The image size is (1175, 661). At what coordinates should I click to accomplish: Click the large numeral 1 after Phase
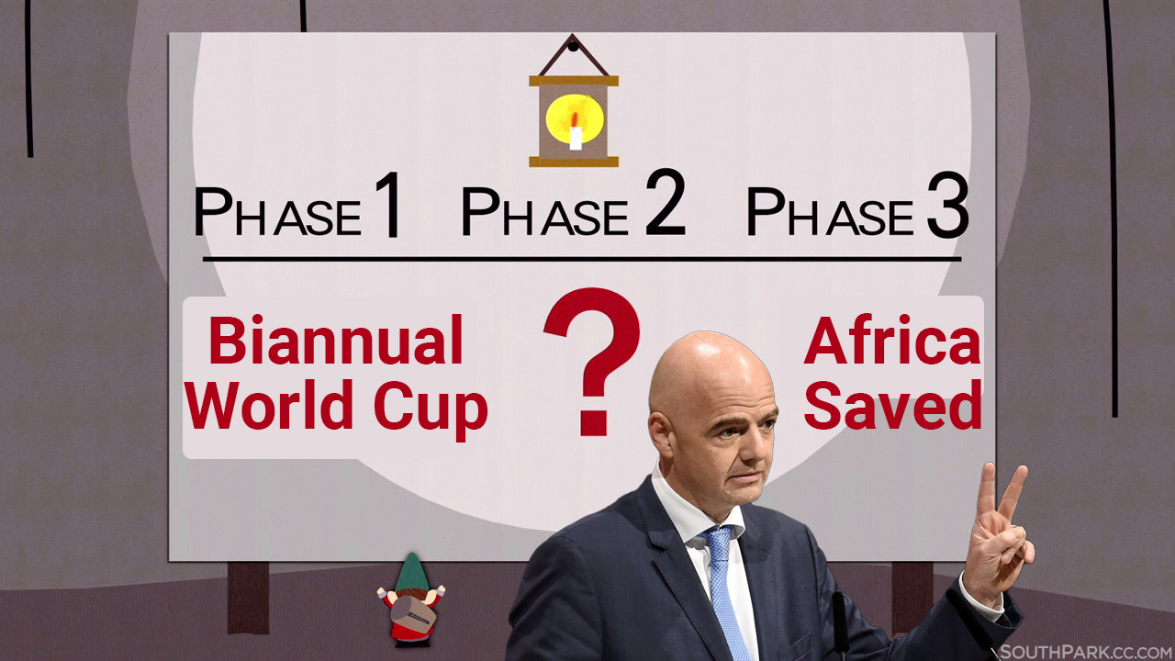(x=388, y=205)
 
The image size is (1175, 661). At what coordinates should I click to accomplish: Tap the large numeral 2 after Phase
(x=666, y=203)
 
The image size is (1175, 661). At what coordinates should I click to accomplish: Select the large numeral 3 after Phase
(x=947, y=206)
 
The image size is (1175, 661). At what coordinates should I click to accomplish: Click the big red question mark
(x=593, y=361)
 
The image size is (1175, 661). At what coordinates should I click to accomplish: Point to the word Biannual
(x=336, y=340)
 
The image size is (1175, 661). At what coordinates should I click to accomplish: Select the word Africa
(x=891, y=340)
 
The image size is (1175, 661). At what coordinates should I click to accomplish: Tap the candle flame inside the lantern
(x=575, y=119)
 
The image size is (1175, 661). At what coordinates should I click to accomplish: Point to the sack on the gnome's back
(x=413, y=615)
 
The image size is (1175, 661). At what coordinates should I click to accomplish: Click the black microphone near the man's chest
(x=840, y=624)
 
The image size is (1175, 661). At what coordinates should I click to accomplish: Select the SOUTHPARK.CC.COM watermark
(x=1087, y=652)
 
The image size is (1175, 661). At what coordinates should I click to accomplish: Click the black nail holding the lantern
(x=574, y=46)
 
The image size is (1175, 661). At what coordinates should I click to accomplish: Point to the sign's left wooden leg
(x=248, y=598)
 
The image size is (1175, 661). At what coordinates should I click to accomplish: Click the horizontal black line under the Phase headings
(x=582, y=259)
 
